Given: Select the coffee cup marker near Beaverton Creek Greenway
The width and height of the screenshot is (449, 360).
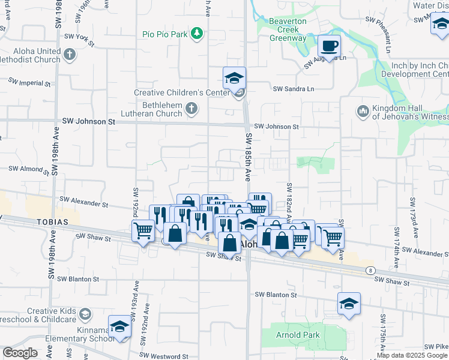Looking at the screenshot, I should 328,46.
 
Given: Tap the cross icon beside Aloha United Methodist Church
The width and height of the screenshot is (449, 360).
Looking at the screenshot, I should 70,55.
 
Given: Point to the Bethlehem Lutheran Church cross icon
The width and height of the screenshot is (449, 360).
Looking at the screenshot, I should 191,109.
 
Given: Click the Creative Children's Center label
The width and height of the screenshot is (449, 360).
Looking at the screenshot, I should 181,93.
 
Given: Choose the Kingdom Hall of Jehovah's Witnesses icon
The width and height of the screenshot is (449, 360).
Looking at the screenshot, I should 363,111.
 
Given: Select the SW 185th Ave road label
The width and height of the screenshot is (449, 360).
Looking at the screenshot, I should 247,158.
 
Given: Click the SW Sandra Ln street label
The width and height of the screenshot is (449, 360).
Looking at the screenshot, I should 294,89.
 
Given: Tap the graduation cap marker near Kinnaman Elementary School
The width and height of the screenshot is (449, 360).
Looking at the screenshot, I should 119,326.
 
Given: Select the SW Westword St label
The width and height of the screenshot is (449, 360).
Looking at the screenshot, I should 168,356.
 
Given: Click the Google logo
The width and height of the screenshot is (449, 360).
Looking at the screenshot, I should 19,353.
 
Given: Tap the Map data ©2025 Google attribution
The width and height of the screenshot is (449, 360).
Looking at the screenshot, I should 412,355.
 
